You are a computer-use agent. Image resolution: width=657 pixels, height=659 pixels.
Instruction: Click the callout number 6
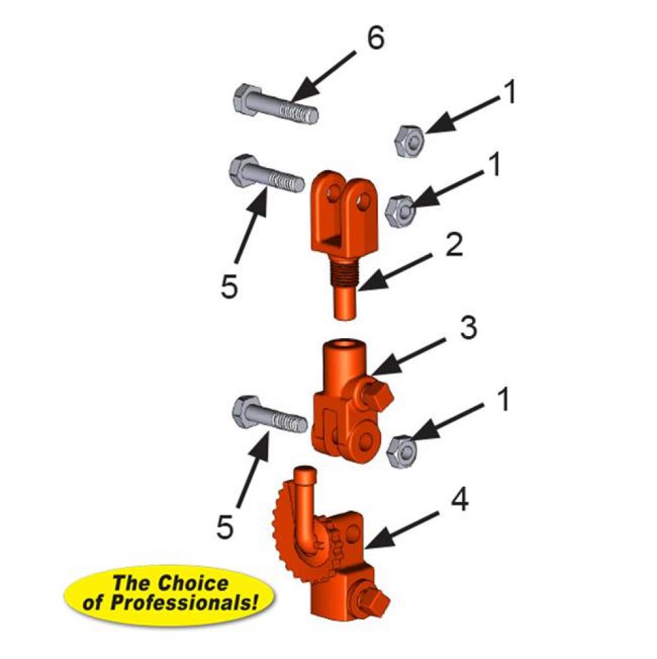point(375,40)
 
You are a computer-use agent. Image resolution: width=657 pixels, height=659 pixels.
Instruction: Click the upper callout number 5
point(228,287)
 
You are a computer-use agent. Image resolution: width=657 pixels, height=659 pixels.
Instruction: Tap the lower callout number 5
point(226,527)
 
